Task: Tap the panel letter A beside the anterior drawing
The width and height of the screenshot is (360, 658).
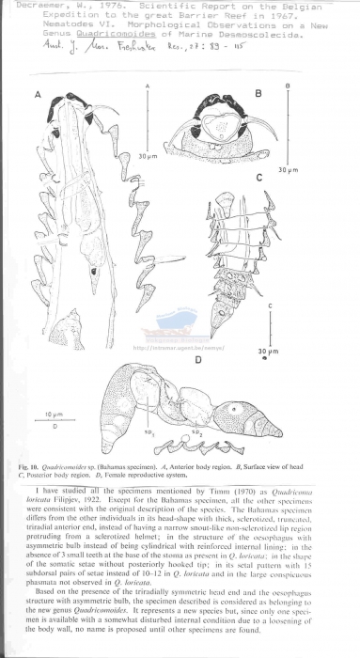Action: pyautogui.click(x=37, y=96)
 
